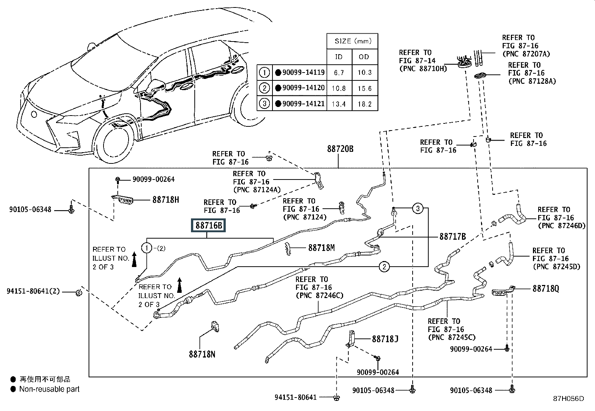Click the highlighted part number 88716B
coord(209,226)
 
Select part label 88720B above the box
coord(340,149)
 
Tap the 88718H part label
coord(166,200)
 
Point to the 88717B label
coord(453,236)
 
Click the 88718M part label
coord(321,248)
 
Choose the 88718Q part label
coord(546,289)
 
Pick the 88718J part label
coord(385,339)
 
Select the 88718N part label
coord(202,354)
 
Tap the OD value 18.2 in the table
coord(365,104)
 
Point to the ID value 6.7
coord(339,73)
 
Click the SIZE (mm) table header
coord(353,41)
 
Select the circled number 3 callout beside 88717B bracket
coord(418,208)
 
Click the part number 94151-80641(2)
coord(33,291)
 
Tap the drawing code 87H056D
coord(568,399)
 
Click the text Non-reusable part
coord(49,389)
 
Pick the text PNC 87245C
coord(452,337)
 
